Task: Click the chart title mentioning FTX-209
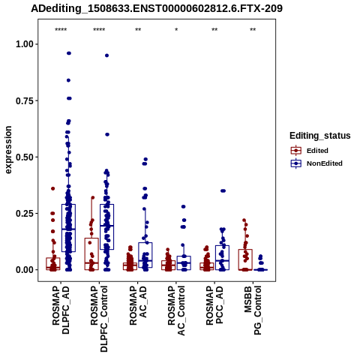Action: pos(157,8)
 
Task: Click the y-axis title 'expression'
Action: pos(8,150)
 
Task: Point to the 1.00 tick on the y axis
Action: pos(25,44)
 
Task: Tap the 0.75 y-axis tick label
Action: pos(25,100)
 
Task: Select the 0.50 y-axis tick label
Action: pos(25,157)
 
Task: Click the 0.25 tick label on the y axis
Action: pos(25,214)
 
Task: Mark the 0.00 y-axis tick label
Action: pos(25,270)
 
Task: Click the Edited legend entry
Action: pos(317,151)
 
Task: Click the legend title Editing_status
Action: pos(320,136)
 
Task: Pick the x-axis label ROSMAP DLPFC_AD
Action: pos(61,310)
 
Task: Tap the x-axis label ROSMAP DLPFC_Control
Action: pos(99,319)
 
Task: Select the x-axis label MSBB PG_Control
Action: pos(253,310)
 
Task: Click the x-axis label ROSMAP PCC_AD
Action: pos(214,305)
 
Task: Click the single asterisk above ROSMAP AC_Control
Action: pos(176,30)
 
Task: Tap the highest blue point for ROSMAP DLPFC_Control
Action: pos(106,55)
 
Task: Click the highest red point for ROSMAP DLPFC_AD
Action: pos(53,189)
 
